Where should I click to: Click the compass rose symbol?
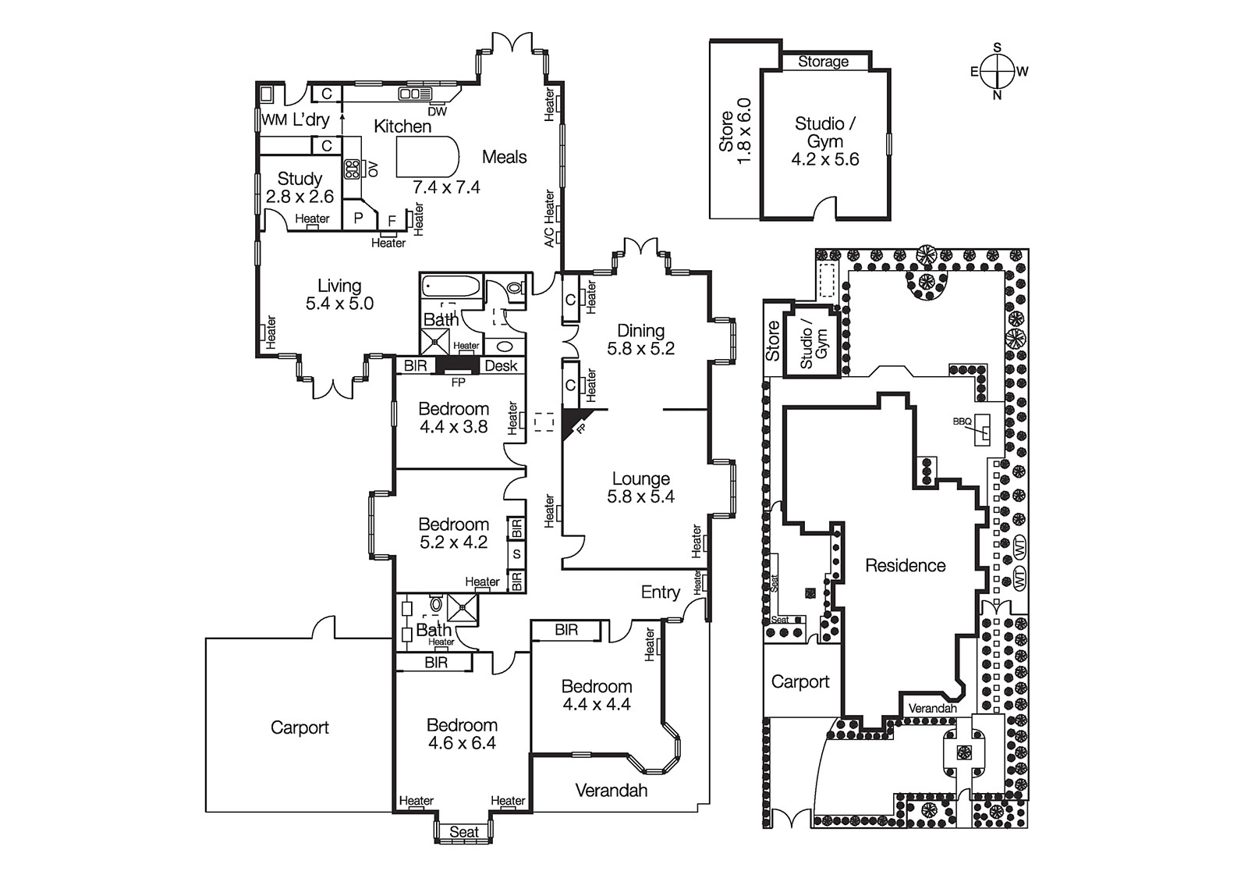tap(998, 71)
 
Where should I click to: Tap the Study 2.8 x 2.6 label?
tap(300, 188)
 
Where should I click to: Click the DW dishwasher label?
tap(438, 112)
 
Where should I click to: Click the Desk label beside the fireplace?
tap(501, 366)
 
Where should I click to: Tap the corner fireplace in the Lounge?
tap(573, 421)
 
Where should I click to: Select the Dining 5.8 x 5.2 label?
tap(640, 340)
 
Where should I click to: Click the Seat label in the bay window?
tap(463, 832)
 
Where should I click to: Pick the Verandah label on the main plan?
tap(611, 790)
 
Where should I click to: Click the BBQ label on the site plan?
tap(962, 421)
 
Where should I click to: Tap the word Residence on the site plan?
tap(905, 565)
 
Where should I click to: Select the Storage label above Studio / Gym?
tap(823, 62)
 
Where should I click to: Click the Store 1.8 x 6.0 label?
tap(735, 130)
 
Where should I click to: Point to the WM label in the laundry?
tap(274, 120)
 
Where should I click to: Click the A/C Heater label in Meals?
tap(549, 219)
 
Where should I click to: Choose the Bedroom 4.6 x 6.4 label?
tap(462, 734)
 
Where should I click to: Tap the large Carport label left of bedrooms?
tap(300, 727)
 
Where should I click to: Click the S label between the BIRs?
tap(516, 554)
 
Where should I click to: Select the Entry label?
tap(660, 592)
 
